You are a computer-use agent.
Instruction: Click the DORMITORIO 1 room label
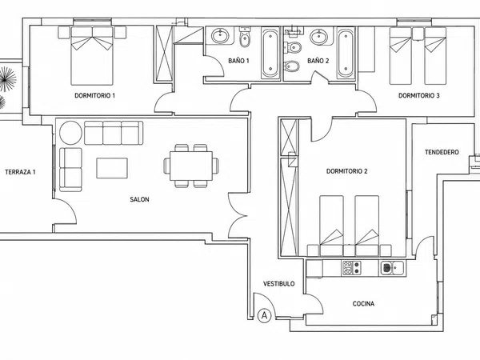pyautogui.click(x=95, y=95)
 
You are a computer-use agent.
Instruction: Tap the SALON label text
pyautogui.click(x=139, y=199)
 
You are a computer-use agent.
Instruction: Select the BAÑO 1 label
pyautogui.click(x=238, y=61)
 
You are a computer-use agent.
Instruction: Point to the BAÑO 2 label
pyautogui.click(x=318, y=61)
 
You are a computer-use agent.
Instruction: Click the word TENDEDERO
pyautogui.click(x=442, y=152)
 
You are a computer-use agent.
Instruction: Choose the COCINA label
pyautogui.click(x=363, y=304)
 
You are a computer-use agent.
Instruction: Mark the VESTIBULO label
pyautogui.click(x=279, y=284)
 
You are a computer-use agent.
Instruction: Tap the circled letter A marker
pyautogui.click(x=264, y=315)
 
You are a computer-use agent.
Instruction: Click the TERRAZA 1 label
pyautogui.click(x=20, y=172)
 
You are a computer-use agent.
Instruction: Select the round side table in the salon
pyautogui.click(x=70, y=133)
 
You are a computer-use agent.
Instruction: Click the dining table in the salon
pyautogui.click(x=191, y=166)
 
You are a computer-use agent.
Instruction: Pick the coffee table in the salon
pyautogui.click(x=112, y=168)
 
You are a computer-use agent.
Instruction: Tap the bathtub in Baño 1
pyautogui.click(x=270, y=53)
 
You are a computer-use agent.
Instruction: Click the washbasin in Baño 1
pyautogui.click(x=219, y=36)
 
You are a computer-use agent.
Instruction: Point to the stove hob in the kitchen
pyautogui.click(x=351, y=268)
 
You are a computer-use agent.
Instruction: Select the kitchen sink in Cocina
pyautogui.click(x=391, y=268)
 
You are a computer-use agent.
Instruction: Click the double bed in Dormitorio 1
pyautogui.click(x=92, y=56)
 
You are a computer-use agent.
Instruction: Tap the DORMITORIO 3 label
pyautogui.click(x=418, y=95)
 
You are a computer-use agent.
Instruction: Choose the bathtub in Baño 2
pyautogui.click(x=346, y=53)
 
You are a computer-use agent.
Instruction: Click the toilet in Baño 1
pyautogui.click(x=245, y=38)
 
